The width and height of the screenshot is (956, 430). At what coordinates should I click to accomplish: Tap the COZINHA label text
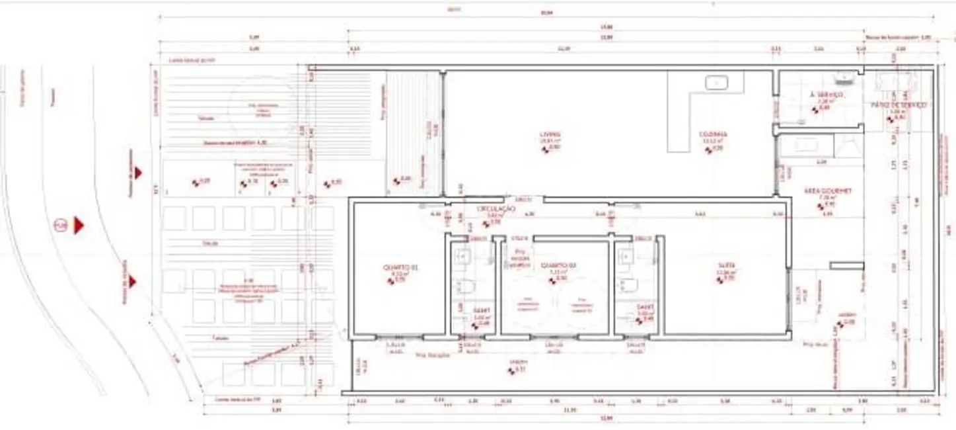pos(713,135)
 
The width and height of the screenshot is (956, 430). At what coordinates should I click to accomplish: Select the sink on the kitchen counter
pos(715,83)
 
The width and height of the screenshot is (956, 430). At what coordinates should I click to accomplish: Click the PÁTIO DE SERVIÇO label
pos(899,105)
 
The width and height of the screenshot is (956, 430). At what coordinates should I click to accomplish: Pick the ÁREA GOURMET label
pos(827,191)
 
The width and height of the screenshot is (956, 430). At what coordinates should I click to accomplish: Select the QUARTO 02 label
pos(559,265)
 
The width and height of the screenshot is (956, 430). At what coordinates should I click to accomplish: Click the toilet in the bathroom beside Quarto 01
pos(464,286)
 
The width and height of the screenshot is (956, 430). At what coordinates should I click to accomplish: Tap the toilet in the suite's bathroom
pos(625,286)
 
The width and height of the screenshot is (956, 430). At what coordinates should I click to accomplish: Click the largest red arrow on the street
pos(79,226)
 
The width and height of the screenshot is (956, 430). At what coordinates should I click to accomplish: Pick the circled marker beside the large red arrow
pos(61,226)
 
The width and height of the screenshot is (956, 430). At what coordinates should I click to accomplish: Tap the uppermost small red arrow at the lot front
pos(137,173)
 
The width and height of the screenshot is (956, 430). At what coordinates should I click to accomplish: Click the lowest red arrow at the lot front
pos(132,282)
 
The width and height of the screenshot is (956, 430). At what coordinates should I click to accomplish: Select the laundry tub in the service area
pos(844,79)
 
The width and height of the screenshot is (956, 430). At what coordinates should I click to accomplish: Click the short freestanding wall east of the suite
pos(847,266)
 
